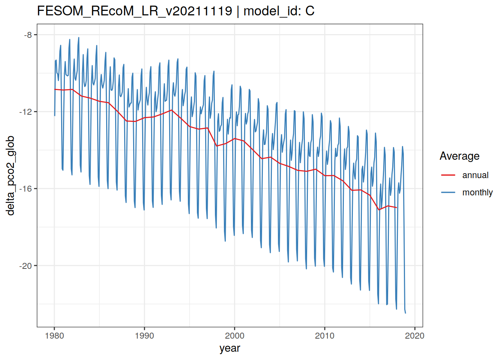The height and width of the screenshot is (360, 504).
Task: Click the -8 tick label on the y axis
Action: (28, 35)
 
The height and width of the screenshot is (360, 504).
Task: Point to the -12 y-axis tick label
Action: (26, 112)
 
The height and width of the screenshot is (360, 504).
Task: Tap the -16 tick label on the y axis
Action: (26, 189)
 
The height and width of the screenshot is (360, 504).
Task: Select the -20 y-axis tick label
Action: (26, 266)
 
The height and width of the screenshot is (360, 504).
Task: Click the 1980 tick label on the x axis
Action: (54, 336)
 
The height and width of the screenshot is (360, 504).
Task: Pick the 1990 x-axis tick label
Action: (144, 336)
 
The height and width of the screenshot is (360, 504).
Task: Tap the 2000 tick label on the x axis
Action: (234, 336)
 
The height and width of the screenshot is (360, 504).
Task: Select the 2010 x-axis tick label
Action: (325, 336)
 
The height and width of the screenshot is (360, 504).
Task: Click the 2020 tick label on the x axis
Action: (415, 336)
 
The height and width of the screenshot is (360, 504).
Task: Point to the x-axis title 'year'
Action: (229, 348)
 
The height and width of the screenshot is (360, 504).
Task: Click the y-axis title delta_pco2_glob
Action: (10, 175)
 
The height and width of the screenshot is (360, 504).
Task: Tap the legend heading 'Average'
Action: (459, 156)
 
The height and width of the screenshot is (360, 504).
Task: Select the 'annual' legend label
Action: (475, 175)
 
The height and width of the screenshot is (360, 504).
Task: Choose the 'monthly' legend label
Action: (477, 192)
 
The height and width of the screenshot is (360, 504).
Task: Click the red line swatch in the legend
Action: (448, 175)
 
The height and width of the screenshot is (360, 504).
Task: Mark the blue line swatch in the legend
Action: (448, 192)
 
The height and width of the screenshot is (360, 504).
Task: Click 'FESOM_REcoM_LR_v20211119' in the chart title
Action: (135, 11)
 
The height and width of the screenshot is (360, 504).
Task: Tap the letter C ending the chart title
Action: (310, 11)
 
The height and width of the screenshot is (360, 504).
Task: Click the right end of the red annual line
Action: (396, 207)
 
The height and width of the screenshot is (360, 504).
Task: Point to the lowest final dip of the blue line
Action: (405, 313)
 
